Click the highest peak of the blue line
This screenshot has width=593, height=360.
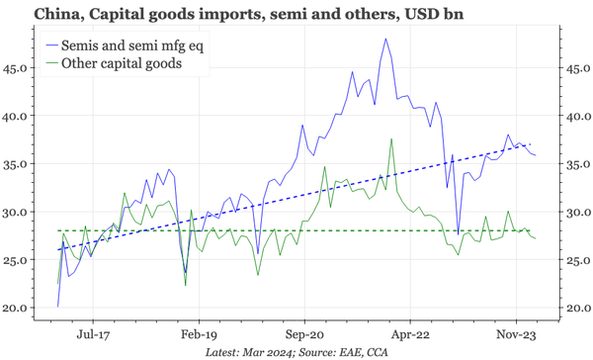click(384, 39)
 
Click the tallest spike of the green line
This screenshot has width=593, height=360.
click(391, 138)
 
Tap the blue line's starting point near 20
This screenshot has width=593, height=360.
click(58, 305)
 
